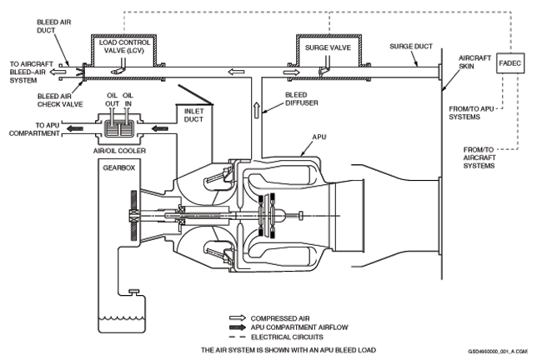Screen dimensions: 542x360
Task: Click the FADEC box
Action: [510, 63]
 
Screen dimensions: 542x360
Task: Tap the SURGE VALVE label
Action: [328, 47]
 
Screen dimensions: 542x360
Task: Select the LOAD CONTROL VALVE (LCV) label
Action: [124, 47]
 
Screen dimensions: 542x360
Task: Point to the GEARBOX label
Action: [119, 167]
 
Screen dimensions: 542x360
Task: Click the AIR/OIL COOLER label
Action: [119, 151]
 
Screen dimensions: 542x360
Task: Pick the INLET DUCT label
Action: [193, 115]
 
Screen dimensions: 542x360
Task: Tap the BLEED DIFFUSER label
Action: [301, 99]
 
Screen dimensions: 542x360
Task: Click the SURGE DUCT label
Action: [411, 47]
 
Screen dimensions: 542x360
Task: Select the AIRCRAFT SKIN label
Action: [474, 62]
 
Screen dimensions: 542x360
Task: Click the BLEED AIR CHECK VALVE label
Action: [60, 100]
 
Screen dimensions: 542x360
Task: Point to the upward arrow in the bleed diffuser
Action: [257, 110]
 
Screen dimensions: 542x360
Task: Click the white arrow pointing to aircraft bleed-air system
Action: [57, 72]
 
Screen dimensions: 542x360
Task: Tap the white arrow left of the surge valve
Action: [292, 72]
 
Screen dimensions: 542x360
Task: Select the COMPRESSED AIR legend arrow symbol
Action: [238, 317]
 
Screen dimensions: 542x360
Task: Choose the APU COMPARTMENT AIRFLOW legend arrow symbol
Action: [238, 327]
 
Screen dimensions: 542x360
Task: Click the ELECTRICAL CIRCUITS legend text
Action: [287, 337]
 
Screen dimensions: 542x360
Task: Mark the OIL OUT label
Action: [113, 99]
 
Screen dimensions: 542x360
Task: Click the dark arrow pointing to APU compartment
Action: [75, 129]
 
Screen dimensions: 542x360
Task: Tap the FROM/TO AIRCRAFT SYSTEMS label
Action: [479, 157]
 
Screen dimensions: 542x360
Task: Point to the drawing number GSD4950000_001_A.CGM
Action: [498, 352]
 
